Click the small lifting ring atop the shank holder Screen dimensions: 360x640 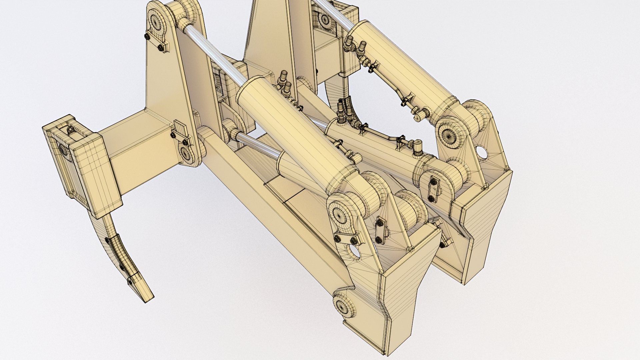[70, 129]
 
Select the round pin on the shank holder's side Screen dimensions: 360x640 [63, 150]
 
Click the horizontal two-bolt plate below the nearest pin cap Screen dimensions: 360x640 [346, 239]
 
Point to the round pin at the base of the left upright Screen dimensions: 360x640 [185, 153]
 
